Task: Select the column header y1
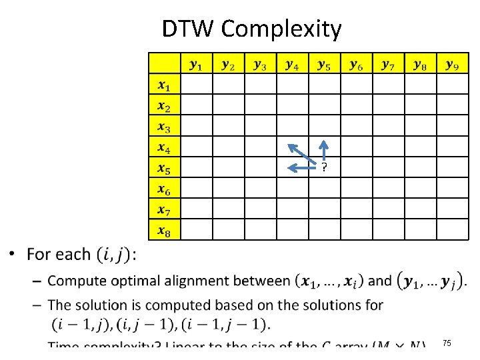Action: pyautogui.click(x=197, y=65)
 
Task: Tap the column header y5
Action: pyautogui.click(x=324, y=65)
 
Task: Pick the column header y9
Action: pyautogui.click(x=452, y=65)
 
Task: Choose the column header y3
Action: pyautogui.click(x=260, y=65)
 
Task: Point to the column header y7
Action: pyautogui.click(x=388, y=65)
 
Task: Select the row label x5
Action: pyautogui.click(x=164, y=169)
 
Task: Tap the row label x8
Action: pyautogui.click(x=164, y=231)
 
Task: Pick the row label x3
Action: pyautogui.click(x=164, y=127)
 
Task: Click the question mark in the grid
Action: pyautogui.click(x=324, y=168)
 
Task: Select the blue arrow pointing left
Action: pyautogui.click(x=300, y=167)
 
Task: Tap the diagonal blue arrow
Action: pyautogui.click(x=301, y=153)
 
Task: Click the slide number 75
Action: pyautogui.click(x=446, y=343)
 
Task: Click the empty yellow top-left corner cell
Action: pyautogui.click(x=164, y=63)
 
